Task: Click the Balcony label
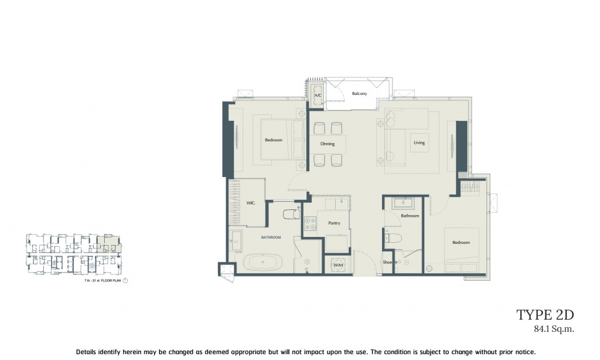coord(359,94)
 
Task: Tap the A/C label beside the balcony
coord(318,95)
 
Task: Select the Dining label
coord(328,144)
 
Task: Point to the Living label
coord(419,142)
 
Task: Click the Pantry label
coord(335,223)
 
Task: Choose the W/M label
coord(338,266)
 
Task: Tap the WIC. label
coord(250,203)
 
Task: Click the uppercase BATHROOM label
coord(271,237)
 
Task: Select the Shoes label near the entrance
coord(387,262)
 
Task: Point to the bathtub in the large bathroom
coord(262,261)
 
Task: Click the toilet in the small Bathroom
coord(395,239)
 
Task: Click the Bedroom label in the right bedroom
coord(461,243)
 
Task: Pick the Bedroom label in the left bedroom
coord(274,140)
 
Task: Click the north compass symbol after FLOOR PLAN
coord(125,281)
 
